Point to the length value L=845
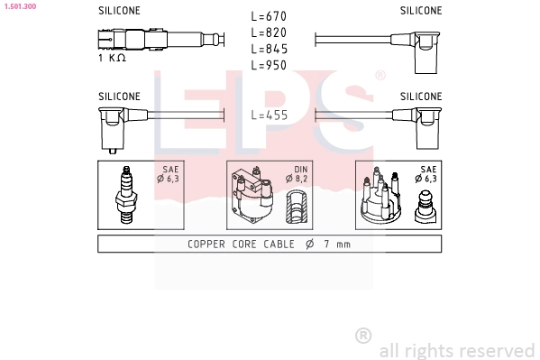click(269, 49)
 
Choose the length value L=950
click(269, 65)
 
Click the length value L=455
click(269, 115)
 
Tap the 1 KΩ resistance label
click(111, 58)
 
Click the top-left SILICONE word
click(118, 11)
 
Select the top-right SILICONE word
click(421, 11)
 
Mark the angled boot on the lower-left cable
click(113, 128)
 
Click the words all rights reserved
click(457, 350)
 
